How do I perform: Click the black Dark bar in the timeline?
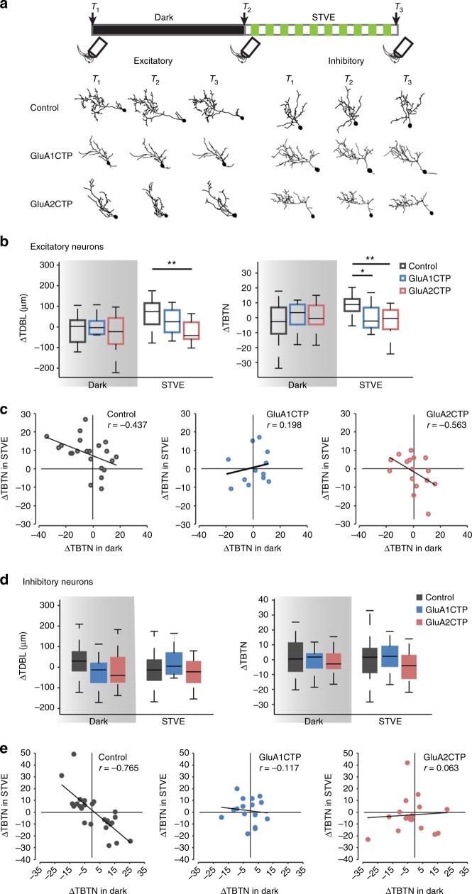(x=168, y=30)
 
